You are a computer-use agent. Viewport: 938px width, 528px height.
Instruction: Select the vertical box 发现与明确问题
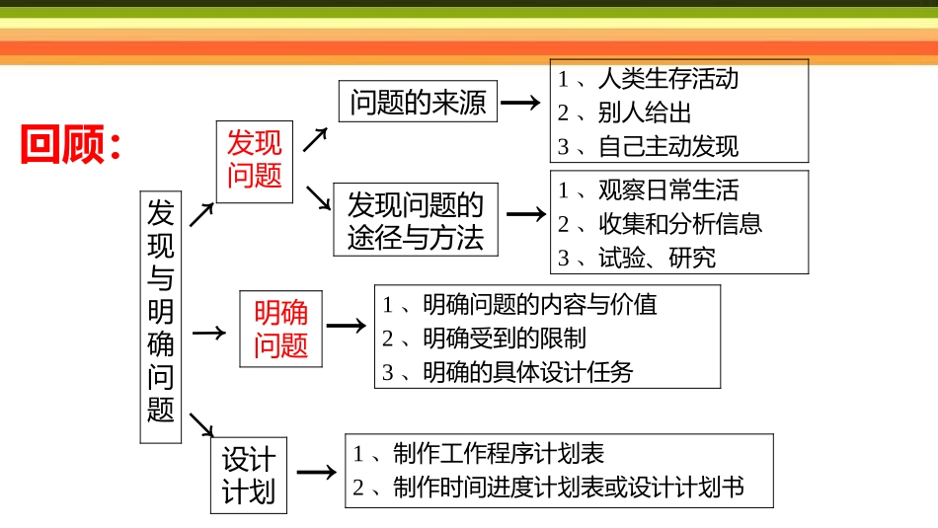click(x=160, y=316)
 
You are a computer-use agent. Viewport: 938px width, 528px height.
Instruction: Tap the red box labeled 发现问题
click(x=254, y=160)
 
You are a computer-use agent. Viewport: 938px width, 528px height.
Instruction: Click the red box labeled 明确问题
click(x=280, y=329)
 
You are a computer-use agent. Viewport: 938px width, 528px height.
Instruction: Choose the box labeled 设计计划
click(x=248, y=475)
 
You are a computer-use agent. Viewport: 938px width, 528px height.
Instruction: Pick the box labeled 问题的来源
click(x=418, y=103)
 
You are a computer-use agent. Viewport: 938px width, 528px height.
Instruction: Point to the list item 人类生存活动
click(x=667, y=78)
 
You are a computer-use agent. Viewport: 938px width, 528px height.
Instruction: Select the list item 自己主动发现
click(x=667, y=147)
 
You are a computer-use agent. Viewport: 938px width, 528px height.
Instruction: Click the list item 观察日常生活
click(x=667, y=189)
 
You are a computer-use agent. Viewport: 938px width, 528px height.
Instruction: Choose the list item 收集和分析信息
click(x=679, y=224)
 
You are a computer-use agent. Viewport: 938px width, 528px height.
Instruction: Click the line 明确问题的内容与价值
click(x=539, y=304)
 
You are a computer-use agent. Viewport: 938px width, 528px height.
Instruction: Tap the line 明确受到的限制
click(x=504, y=338)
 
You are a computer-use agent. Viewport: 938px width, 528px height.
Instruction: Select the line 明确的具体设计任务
click(x=527, y=372)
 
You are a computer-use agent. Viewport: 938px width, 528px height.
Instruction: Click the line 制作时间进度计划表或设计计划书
click(x=567, y=487)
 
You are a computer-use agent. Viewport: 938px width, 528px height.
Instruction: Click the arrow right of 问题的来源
click(x=520, y=103)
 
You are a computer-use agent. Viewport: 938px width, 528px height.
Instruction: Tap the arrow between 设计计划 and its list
click(x=316, y=473)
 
